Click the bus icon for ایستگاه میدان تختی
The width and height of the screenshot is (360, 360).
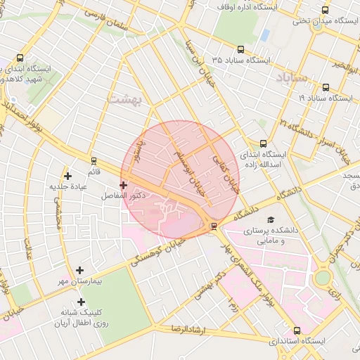[324, 10]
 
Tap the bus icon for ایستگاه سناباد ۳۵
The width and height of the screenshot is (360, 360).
[241, 49]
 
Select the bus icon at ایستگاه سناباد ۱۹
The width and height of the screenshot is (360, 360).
[326, 88]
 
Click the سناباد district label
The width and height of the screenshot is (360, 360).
[292, 77]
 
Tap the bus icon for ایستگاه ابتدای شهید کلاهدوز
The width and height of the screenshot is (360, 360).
[19, 58]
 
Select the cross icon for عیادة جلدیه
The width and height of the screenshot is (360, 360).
[67, 176]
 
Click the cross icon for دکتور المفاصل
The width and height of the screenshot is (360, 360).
[123, 185]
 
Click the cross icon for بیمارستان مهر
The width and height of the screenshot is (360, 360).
[79, 270]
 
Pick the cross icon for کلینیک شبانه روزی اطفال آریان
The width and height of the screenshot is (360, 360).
[81, 302]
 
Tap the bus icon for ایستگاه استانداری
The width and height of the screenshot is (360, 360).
[296, 330]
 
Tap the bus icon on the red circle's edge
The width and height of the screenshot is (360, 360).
[214, 226]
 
